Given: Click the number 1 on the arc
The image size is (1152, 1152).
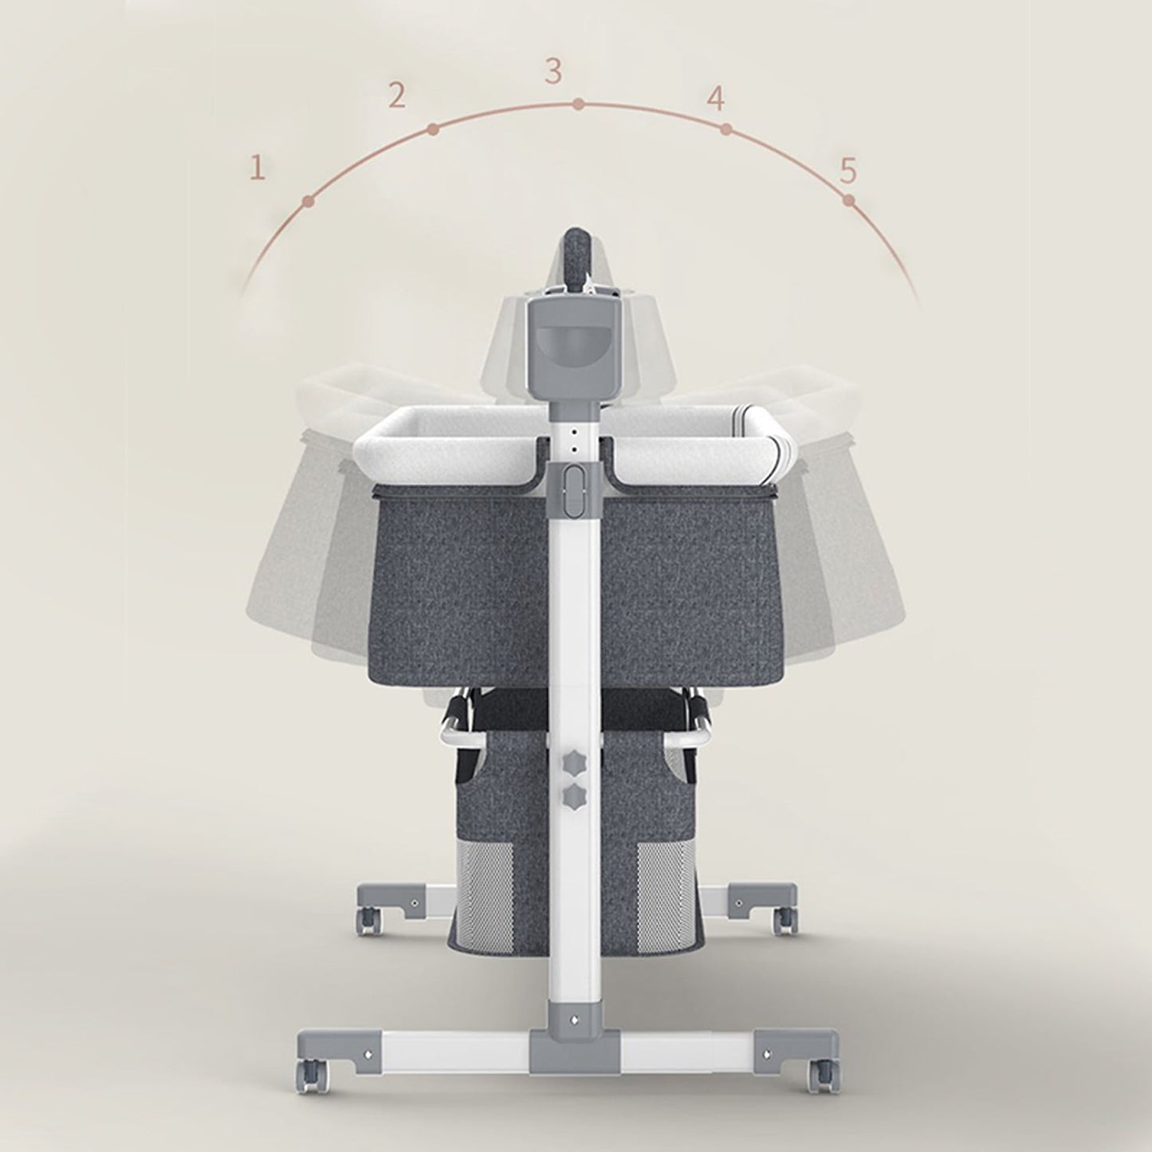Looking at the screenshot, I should pyautogui.click(x=257, y=168).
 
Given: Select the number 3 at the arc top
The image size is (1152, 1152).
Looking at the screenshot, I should pyautogui.click(x=553, y=71).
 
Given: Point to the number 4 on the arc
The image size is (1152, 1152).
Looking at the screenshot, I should pyautogui.click(x=716, y=99).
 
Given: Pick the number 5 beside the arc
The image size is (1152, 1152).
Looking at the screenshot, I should pyautogui.click(x=848, y=170).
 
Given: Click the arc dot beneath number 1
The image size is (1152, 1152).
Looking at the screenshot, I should pyautogui.click(x=308, y=202).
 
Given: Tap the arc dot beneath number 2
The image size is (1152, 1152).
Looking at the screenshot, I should pyautogui.click(x=432, y=128).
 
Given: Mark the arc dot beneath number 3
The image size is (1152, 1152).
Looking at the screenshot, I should pyautogui.click(x=578, y=104).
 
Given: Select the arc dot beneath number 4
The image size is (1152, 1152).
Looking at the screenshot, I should pyautogui.click(x=725, y=129).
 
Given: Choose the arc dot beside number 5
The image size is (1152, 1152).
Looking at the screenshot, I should pyautogui.click(x=849, y=201).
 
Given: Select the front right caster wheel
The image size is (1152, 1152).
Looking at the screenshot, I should pyautogui.click(x=821, y=1068).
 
